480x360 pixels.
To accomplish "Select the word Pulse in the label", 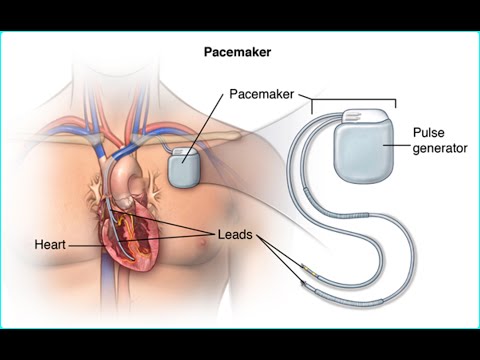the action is (x=430, y=133).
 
